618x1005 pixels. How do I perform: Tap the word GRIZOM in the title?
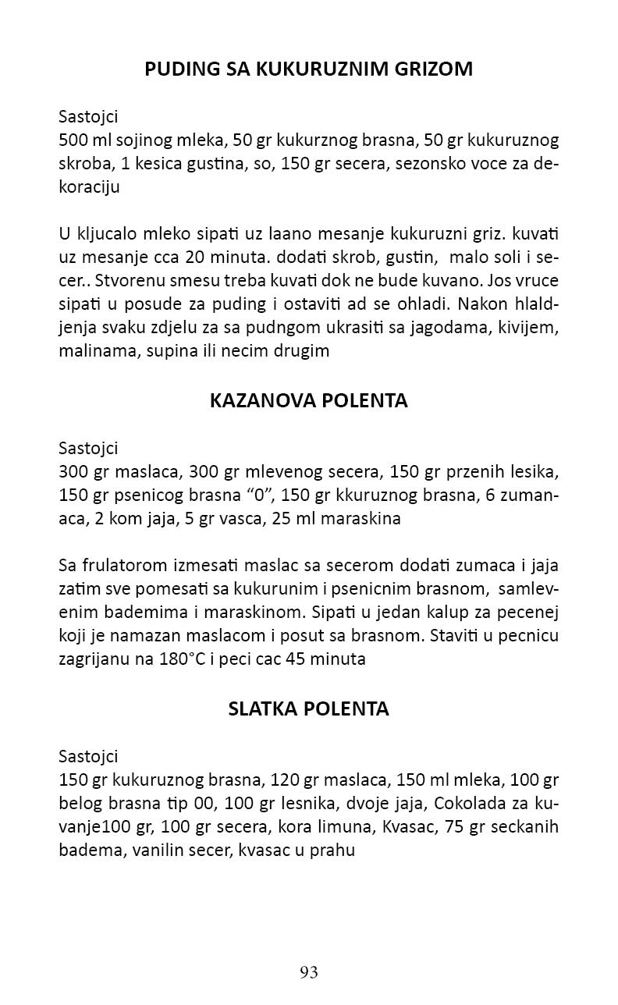[x=435, y=69]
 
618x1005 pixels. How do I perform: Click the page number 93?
[x=309, y=972]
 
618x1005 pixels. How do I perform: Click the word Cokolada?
[x=471, y=804]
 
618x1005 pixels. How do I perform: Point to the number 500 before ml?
[x=73, y=141]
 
